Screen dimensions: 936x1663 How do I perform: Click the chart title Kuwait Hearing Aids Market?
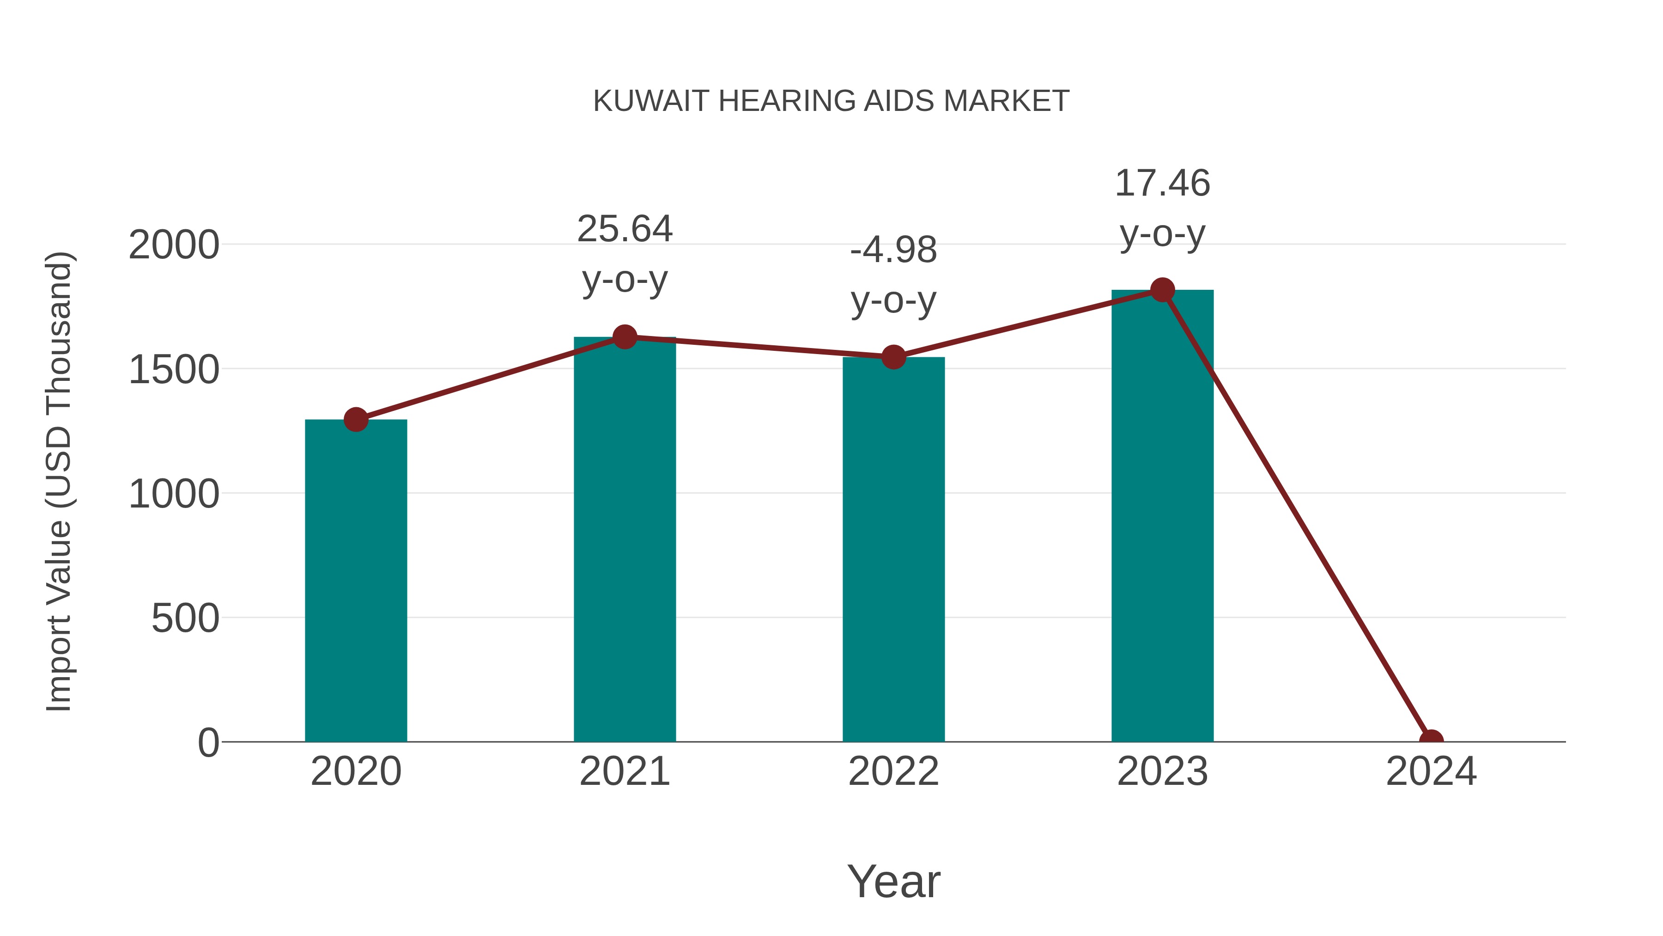point(831,101)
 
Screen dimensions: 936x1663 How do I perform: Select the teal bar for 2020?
point(356,581)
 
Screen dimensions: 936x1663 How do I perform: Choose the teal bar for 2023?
point(1162,517)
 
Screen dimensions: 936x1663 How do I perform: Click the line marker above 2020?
point(356,420)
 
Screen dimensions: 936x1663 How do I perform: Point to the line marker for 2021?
point(624,336)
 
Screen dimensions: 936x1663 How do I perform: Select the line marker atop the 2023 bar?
point(1162,290)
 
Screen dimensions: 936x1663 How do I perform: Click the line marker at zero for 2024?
point(1431,740)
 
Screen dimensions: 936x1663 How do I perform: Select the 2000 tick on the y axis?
point(174,245)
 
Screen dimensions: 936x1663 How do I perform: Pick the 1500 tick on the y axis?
point(174,370)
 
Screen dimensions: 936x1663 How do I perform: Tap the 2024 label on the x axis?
point(1431,771)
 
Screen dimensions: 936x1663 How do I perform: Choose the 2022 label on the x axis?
point(893,771)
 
